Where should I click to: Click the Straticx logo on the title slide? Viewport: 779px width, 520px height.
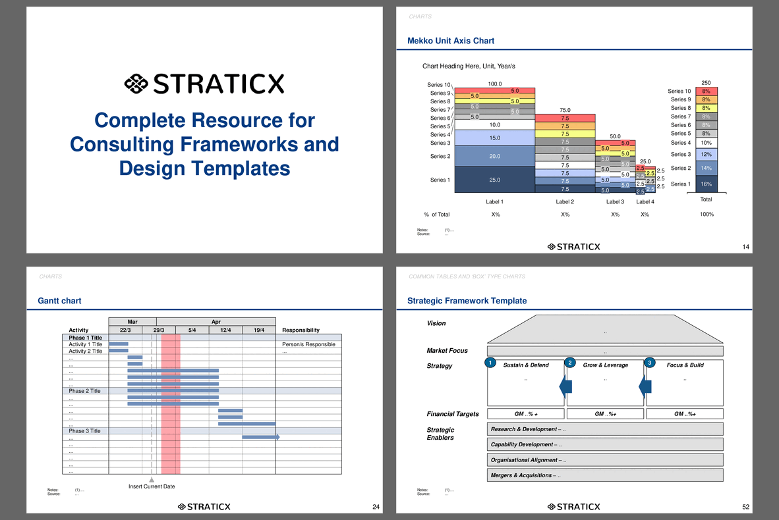point(204,84)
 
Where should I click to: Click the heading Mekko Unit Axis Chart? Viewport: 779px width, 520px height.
point(451,41)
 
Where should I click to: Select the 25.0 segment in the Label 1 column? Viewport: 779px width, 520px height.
point(494,180)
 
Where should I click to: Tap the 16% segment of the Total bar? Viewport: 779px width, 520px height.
point(706,184)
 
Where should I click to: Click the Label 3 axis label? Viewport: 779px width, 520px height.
point(615,202)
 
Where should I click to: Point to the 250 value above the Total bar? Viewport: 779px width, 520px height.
point(706,82)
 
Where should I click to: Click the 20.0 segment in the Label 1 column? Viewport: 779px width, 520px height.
point(494,156)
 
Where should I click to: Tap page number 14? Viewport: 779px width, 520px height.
point(745,247)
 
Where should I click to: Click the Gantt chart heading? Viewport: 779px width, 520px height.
point(60,301)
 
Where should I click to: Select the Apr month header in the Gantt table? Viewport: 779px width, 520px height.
point(216,322)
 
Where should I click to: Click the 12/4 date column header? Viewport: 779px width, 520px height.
point(225,330)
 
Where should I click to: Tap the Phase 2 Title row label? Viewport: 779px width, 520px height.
point(84,391)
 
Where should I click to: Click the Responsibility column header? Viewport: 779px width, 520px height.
point(301,330)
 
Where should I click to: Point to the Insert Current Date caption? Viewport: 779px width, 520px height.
point(152,486)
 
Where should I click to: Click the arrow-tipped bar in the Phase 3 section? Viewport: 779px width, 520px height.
point(261,437)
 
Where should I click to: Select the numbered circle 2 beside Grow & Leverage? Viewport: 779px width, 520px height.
point(570,363)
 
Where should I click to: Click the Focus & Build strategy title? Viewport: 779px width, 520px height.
point(685,365)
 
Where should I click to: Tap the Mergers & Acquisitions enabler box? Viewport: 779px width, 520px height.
point(605,475)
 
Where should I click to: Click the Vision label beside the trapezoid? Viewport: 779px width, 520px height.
point(436,323)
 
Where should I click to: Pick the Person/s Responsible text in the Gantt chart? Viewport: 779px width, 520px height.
point(308,344)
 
